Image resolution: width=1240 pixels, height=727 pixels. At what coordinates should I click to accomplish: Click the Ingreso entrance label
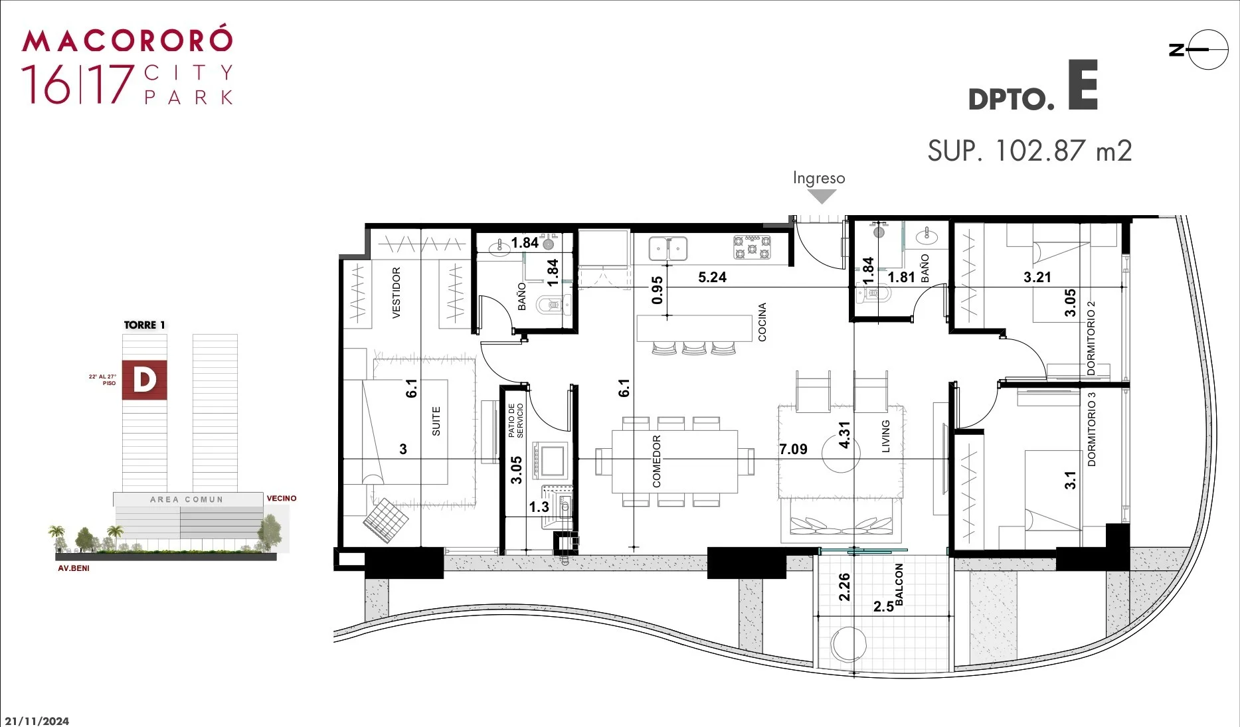(x=819, y=178)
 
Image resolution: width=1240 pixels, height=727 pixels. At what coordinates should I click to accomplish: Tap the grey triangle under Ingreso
(x=822, y=197)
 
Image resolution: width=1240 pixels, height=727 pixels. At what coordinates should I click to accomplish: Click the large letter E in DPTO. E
(x=1083, y=85)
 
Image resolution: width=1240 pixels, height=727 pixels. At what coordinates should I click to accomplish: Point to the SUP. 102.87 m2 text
(x=1029, y=151)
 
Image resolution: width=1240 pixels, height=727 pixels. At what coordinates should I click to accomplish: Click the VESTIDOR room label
(x=397, y=293)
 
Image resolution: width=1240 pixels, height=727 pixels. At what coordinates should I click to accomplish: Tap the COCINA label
(x=762, y=322)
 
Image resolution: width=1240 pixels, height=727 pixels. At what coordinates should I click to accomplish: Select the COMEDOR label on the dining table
(x=656, y=461)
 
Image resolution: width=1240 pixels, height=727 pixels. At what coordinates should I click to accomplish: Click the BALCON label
(x=899, y=584)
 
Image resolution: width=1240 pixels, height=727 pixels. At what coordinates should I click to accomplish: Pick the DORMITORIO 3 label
(x=1092, y=429)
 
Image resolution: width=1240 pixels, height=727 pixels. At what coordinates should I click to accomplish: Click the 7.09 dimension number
(x=793, y=449)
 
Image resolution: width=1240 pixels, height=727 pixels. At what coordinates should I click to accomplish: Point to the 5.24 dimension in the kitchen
(x=712, y=278)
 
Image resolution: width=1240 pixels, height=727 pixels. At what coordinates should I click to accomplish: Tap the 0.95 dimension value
(x=658, y=290)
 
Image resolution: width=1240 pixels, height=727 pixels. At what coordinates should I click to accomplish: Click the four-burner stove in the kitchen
(x=752, y=248)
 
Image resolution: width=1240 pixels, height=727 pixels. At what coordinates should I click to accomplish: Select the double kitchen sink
(x=668, y=248)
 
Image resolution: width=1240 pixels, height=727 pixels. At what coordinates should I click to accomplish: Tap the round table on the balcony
(x=849, y=645)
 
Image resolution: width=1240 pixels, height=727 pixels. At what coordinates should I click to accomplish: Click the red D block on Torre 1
(x=144, y=380)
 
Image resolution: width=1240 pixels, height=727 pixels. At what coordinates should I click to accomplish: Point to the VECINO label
(x=282, y=498)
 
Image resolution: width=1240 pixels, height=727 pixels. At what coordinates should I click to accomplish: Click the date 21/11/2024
(x=37, y=721)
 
